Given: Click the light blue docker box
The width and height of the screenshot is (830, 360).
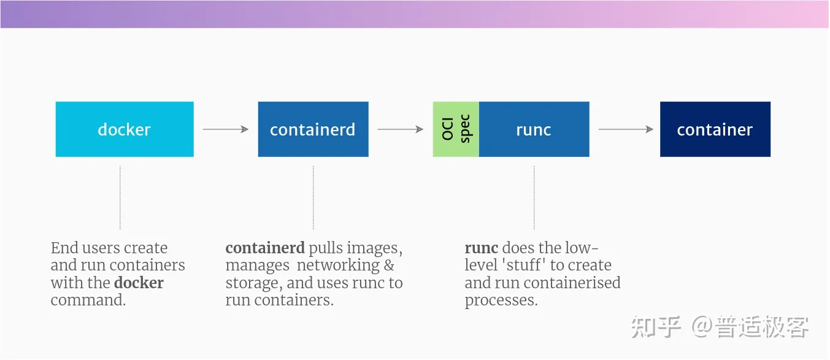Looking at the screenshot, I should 125,129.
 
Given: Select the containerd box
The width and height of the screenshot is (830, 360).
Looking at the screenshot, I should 313,129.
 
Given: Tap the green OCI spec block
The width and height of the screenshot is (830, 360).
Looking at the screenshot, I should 456,129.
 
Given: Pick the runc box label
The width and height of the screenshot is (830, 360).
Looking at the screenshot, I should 534,130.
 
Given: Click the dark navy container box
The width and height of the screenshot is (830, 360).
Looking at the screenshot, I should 715,129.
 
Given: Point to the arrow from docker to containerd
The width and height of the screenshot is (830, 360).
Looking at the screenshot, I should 225,129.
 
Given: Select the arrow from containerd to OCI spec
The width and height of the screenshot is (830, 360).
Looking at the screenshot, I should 400,129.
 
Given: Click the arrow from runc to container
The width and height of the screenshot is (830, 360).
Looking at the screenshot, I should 625,129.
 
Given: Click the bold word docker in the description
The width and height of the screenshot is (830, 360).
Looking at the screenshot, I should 139,283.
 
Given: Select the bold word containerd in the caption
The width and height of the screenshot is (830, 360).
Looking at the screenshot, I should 265,248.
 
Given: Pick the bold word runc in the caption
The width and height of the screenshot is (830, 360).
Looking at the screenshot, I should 482,248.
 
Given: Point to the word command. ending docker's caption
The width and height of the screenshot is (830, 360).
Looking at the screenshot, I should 88,301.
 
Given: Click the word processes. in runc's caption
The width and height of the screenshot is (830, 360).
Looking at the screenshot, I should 501,301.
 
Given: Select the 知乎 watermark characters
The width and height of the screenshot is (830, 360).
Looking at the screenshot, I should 655,326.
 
